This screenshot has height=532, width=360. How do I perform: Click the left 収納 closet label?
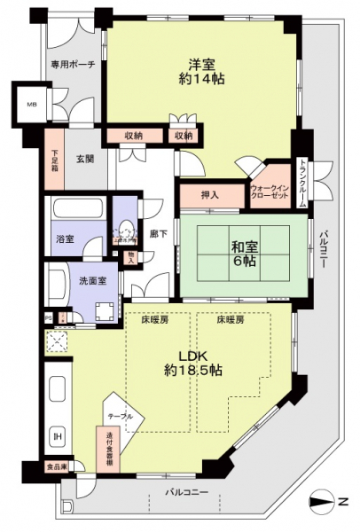point(134,136)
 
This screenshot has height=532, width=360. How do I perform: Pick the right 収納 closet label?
point(183,136)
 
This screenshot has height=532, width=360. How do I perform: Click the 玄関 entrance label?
point(84,159)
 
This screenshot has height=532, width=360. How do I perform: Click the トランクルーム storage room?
point(301,183)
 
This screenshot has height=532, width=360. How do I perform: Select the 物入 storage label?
point(131,258)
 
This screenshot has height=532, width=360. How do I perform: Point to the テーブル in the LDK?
point(121,417)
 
